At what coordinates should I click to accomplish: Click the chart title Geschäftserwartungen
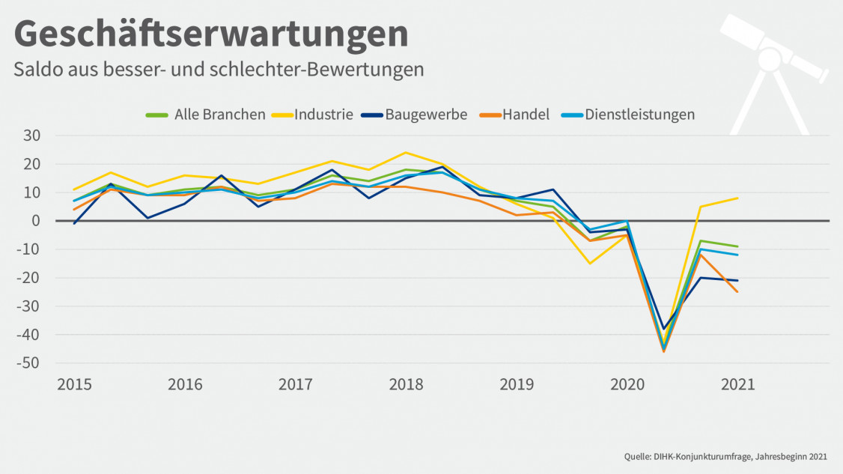(211, 33)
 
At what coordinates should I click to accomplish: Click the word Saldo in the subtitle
(35, 70)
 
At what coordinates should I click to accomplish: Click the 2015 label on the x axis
(74, 385)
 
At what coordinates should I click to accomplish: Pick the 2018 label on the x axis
(406, 385)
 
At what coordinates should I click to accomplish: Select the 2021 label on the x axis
(737, 385)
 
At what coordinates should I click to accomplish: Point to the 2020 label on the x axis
(627, 385)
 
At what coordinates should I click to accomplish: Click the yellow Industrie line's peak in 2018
(406, 153)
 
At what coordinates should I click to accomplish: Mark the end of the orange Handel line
(737, 292)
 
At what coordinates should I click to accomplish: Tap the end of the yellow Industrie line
(737, 198)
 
